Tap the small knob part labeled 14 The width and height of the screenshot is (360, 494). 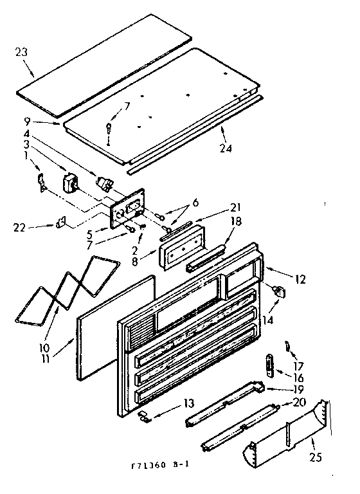coord(278,292)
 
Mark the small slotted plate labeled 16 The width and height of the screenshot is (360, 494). coord(268,365)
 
